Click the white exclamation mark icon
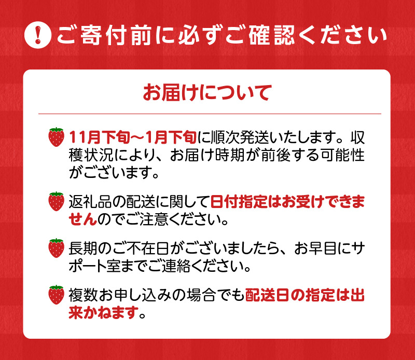click(39, 36)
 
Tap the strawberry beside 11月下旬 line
click(56, 136)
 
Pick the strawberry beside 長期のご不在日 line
click(56, 247)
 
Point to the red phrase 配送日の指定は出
click(305, 294)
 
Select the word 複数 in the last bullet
click(81, 294)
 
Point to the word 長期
click(81, 247)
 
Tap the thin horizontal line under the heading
click(207, 114)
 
